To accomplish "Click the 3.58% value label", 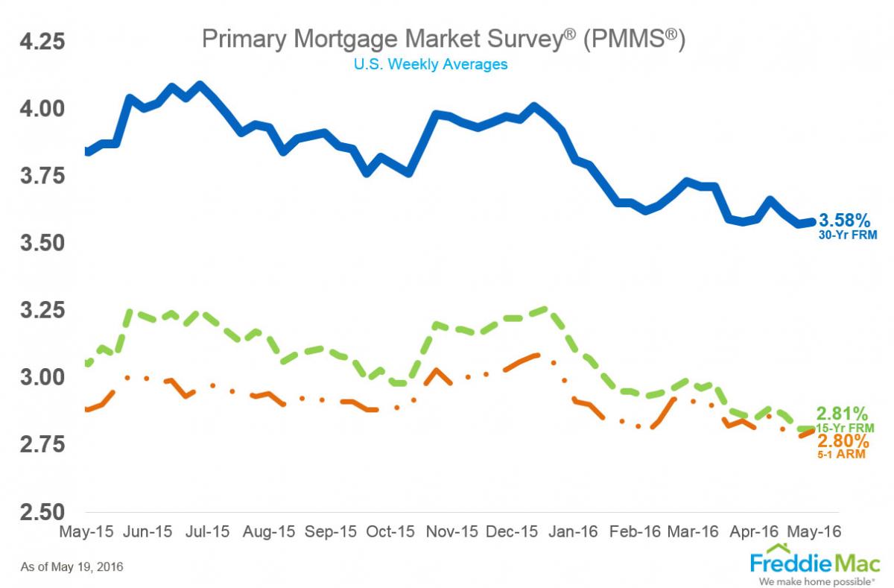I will pos(845,221).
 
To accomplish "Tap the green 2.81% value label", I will pos(843,414).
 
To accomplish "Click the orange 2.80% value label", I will pos(843,440).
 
